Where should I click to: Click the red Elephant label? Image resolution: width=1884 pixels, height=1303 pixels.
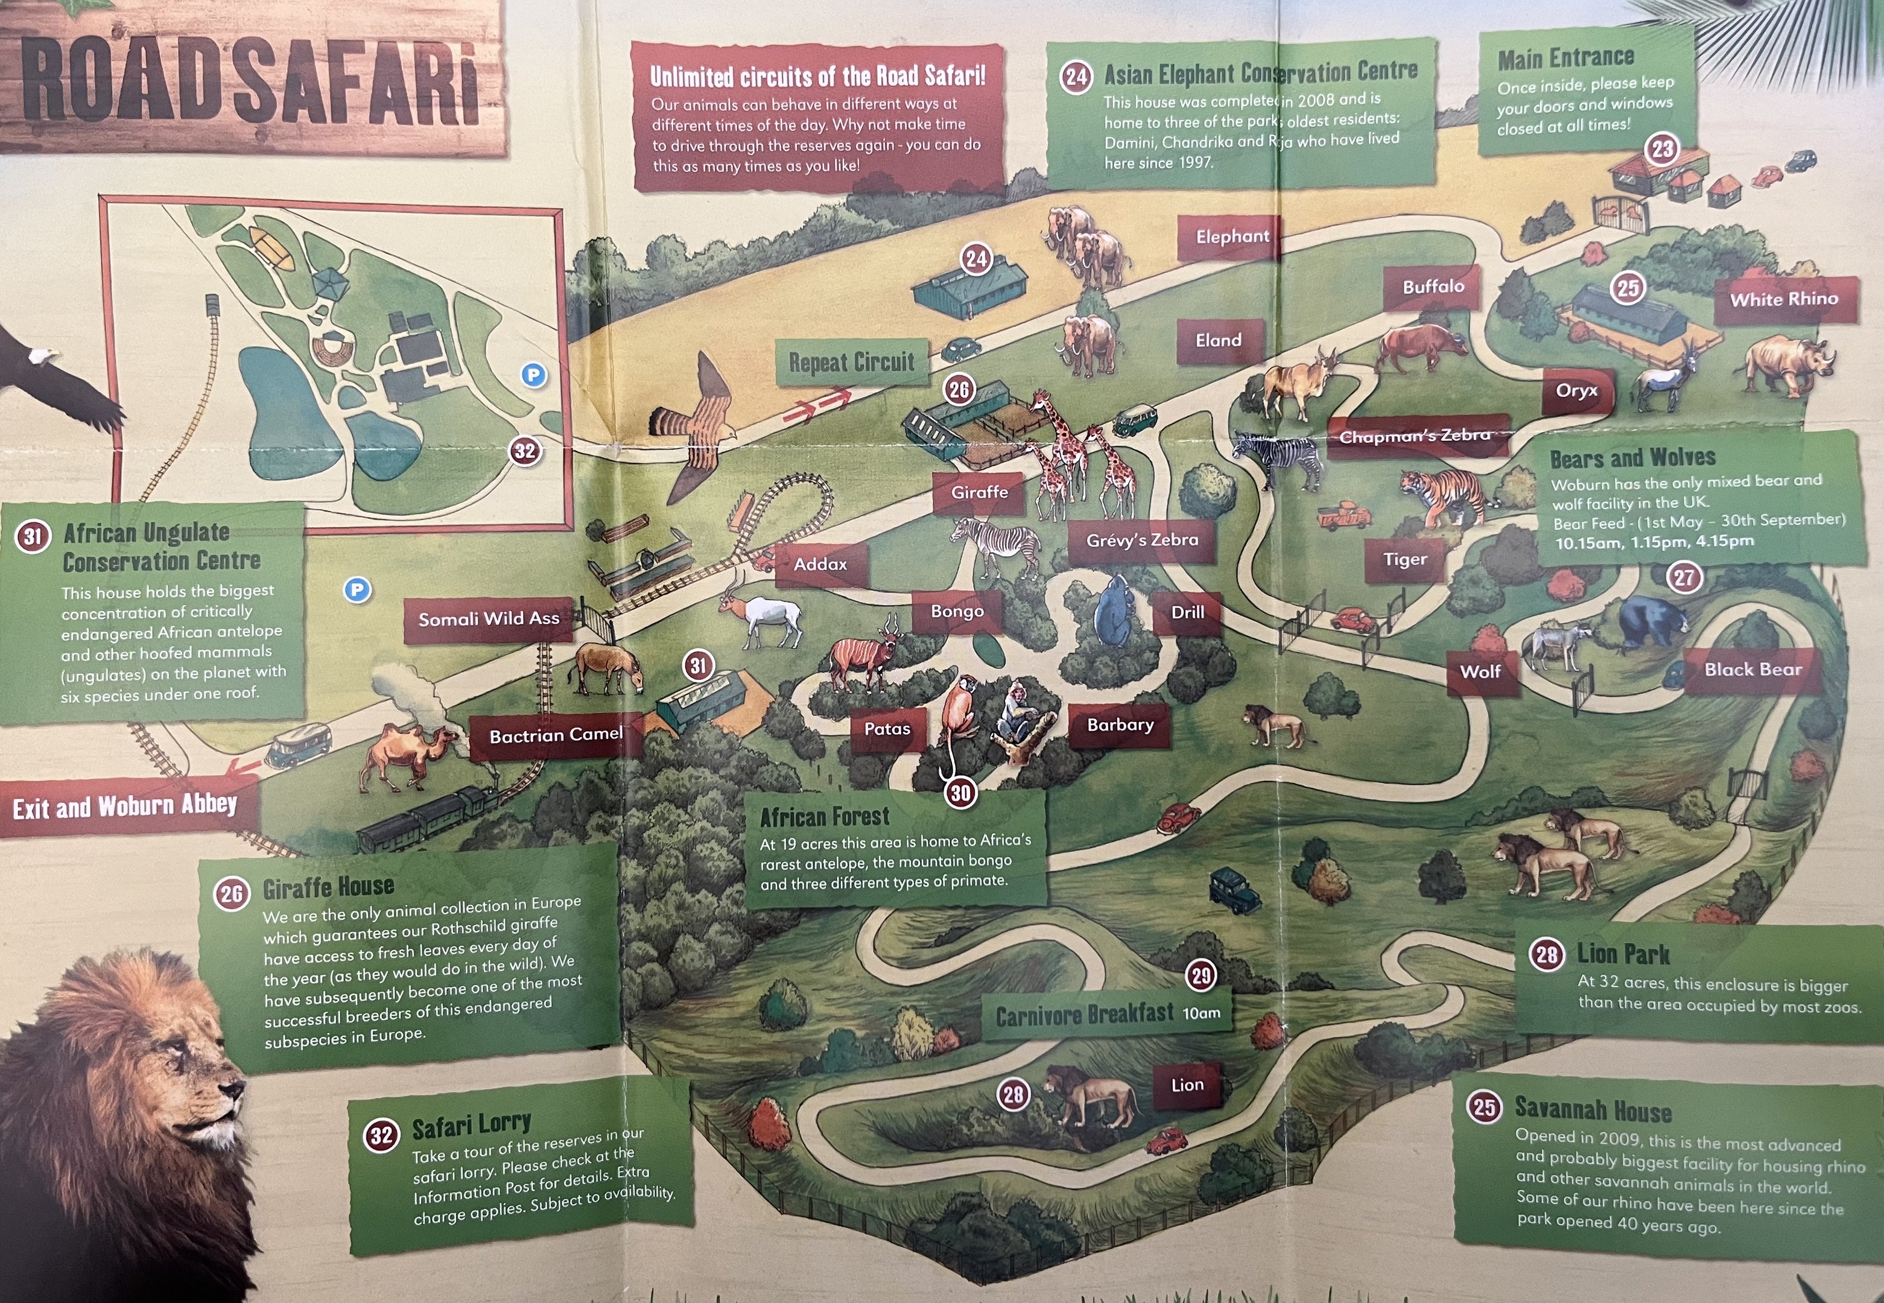pyautogui.click(x=1232, y=236)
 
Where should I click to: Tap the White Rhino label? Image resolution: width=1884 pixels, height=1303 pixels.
pyautogui.click(x=1784, y=300)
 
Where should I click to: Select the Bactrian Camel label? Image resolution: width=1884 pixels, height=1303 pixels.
pyautogui.click(x=556, y=735)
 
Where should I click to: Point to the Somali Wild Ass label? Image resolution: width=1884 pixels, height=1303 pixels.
pyautogui.click(x=489, y=619)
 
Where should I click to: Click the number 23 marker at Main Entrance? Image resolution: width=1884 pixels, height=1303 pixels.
pyautogui.click(x=1663, y=150)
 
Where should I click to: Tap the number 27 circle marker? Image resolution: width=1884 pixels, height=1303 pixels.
pyautogui.click(x=1684, y=578)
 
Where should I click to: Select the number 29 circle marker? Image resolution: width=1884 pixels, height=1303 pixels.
pyautogui.click(x=1200, y=975)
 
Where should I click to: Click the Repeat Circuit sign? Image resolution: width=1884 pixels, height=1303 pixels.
pyautogui.click(x=851, y=362)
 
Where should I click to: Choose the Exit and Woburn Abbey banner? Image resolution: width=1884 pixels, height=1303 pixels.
pyautogui.click(x=125, y=807)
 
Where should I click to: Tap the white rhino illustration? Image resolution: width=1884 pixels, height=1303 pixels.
pyautogui.click(x=1789, y=365)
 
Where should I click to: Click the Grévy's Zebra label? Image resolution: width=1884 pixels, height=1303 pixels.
pyautogui.click(x=1142, y=540)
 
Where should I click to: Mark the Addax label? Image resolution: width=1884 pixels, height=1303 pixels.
pyautogui.click(x=820, y=564)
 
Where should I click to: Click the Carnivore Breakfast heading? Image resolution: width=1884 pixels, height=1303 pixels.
pyautogui.click(x=1085, y=1015)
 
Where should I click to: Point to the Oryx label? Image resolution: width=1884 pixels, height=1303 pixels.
pyautogui.click(x=1576, y=390)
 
